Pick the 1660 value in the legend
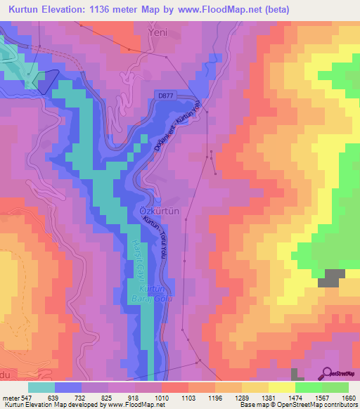339,397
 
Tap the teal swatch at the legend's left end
41,387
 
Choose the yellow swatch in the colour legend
282,387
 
